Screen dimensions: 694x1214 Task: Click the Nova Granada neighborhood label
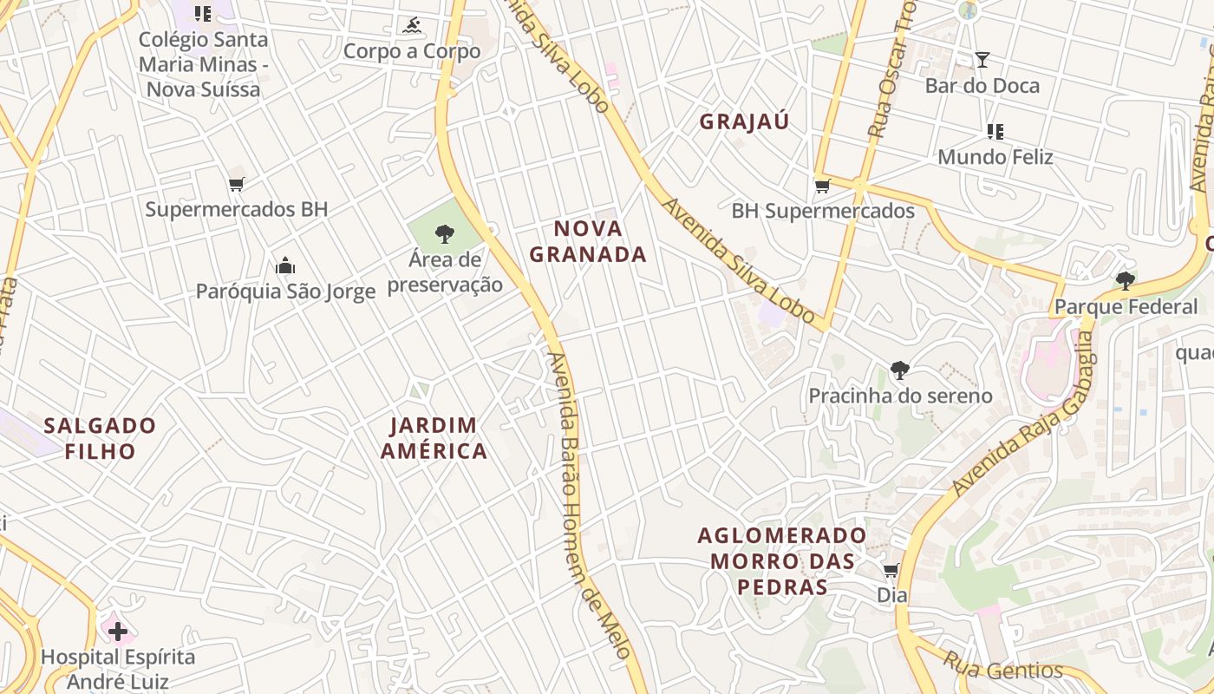[588, 241]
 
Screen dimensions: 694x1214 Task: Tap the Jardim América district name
[434, 438]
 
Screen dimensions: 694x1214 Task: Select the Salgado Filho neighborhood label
[100, 438]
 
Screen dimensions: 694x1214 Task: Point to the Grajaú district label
[744, 121]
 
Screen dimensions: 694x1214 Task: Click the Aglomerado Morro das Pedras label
[782, 560]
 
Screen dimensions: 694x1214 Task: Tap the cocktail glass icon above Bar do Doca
[982, 60]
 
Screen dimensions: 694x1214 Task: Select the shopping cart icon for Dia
[891, 570]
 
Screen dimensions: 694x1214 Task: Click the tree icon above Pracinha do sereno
[900, 370]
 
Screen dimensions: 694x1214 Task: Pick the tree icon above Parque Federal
[1125, 280]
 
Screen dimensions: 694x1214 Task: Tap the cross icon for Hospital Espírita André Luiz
[117, 631]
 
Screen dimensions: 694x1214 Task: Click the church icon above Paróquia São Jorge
[284, 265]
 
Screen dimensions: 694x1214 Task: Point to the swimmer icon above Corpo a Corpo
[412, 26]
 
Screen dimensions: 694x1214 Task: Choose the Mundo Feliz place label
[995, 157]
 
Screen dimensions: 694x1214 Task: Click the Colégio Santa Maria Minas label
[203, 64]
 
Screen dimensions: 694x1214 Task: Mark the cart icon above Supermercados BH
[236, 184]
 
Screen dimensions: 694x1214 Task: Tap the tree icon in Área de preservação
[445, 232]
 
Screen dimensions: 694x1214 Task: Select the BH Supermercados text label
[822, 211]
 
